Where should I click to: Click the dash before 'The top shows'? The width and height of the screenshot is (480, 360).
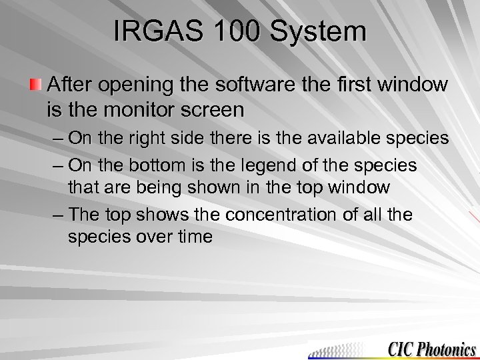point(57,215)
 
